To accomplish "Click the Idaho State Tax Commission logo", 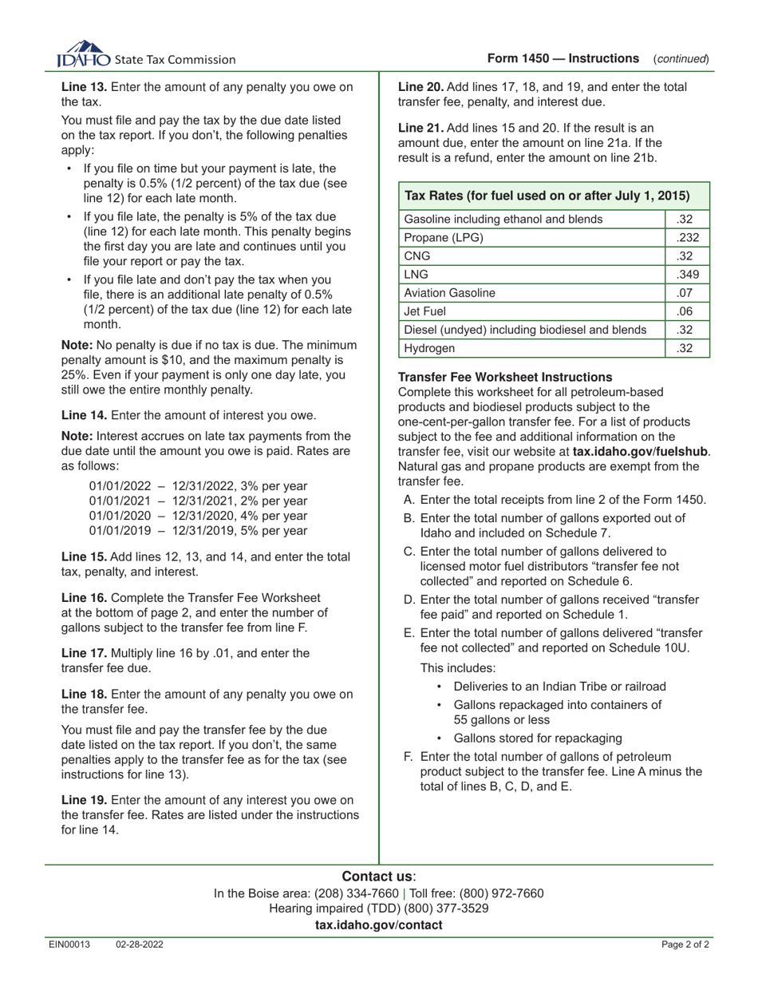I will pos(146,55).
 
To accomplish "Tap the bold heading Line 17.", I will pos(84,652).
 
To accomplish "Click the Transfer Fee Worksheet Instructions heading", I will pos(505,377).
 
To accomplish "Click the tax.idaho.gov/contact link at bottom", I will pos(378,925).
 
